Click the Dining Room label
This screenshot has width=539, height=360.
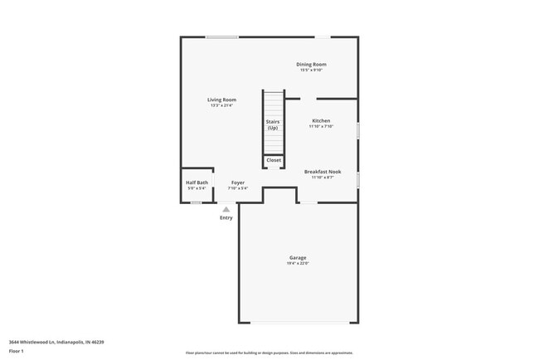[x=312, y=64]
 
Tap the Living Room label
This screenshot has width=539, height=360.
[x=222, y=100]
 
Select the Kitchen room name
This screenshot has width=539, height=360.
[x=321, y=120]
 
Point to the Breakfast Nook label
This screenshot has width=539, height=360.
[x=321, y=172]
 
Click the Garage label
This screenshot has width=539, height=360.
[x=298, y=257]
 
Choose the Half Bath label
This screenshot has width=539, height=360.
[x=197, y=182]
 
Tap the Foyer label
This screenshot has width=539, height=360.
[x=238, y=182]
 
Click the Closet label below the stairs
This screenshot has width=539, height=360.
[x=274, y=160]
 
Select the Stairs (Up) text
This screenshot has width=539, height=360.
[x=273, y=124]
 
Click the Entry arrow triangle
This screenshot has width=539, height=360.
[x=226, y=210]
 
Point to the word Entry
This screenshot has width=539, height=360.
[x=226, y=218]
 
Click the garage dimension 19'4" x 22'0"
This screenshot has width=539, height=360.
[x=298, y=264]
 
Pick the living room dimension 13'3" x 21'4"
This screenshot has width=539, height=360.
[x=222, y=105]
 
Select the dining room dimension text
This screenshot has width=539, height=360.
[x=312, y=70]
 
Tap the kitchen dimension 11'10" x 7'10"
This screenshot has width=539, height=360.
[x=321, y=126]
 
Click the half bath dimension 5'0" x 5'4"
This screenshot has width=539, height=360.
[x=197, y=188]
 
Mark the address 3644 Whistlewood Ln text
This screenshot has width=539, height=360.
[x=56, y=341]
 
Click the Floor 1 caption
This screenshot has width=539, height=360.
[x=17, y=350]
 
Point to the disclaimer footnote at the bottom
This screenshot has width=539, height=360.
[x=269, y=353]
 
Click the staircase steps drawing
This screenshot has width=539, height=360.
[x=274, y=104]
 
